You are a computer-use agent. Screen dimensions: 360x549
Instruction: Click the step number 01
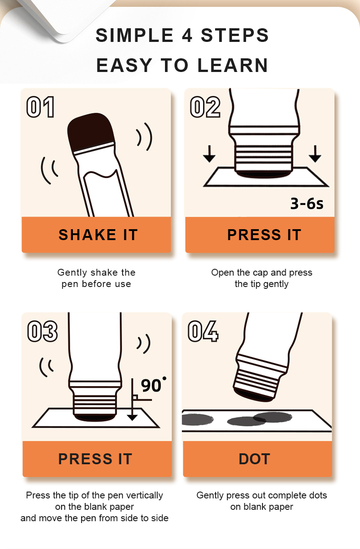(41, 107)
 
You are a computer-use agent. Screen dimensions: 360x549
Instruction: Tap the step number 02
(205, 107)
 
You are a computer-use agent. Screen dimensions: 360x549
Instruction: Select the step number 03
(42, 331)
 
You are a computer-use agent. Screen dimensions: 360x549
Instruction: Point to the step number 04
(203, 331)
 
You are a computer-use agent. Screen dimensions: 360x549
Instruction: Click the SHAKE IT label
(98, 235)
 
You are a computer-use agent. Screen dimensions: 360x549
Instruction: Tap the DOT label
(254, 459)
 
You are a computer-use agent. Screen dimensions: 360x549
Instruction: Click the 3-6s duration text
(307, 203)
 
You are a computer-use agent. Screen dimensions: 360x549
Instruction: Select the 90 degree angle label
(154, 385)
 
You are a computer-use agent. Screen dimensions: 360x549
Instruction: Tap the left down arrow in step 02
(209, 154)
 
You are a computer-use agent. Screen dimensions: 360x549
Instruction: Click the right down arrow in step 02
(315, 154)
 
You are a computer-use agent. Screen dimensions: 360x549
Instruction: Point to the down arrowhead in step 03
(132, 417)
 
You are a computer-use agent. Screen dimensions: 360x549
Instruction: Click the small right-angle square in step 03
(135, 397)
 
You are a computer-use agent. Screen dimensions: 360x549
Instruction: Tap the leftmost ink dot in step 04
(197, 419)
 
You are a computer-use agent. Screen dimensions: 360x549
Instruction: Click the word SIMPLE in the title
(135, 35)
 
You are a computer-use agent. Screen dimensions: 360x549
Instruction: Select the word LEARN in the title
(232, 65)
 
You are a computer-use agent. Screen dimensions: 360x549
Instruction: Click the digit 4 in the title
(187, 35)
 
